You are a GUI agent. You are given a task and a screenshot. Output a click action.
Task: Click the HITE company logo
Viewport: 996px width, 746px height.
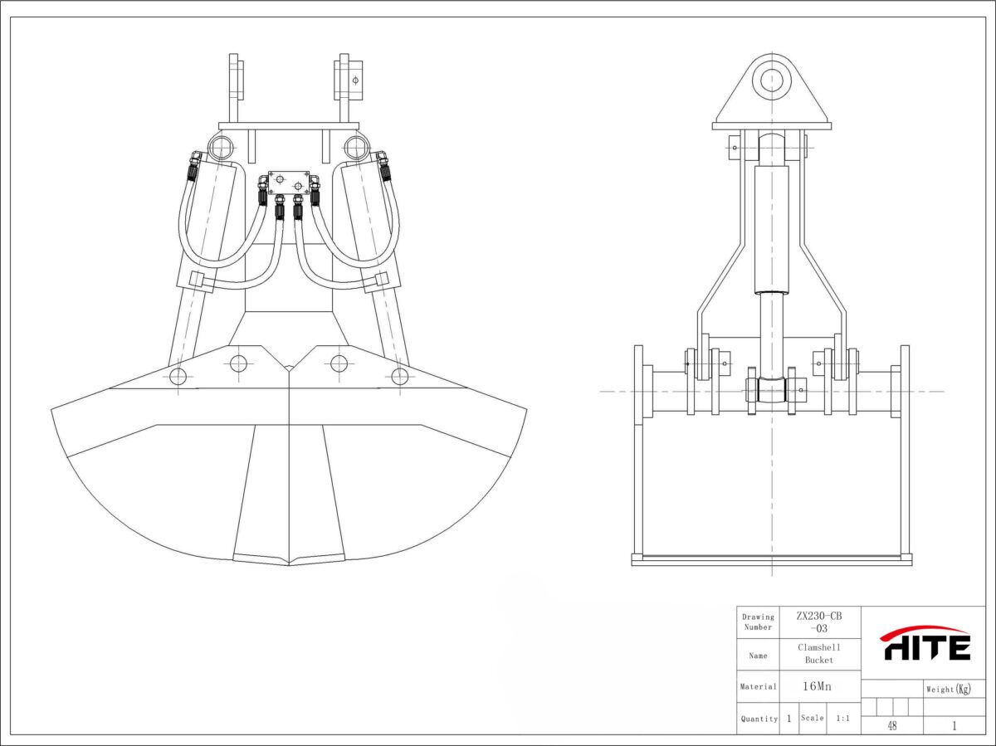[925, 643]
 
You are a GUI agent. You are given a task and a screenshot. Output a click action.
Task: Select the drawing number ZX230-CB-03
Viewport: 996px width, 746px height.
[819, 622]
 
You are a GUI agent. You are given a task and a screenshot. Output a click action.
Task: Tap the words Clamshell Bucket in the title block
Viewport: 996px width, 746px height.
[819, 654]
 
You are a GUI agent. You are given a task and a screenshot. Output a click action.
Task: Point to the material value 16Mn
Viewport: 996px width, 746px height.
[817, 686]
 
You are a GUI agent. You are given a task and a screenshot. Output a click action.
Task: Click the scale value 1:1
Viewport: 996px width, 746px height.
[842, 719]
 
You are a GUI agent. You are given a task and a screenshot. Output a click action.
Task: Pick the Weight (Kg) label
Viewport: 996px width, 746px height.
[949, 689]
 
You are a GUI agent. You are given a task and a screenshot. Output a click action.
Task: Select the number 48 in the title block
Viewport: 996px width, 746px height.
[891, 726]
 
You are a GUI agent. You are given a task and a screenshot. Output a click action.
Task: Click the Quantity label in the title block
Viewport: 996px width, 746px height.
[759, 719]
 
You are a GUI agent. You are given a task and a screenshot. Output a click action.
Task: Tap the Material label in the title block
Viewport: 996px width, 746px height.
[759, 686]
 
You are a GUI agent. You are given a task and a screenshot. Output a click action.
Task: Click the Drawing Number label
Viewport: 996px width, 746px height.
[758, 622]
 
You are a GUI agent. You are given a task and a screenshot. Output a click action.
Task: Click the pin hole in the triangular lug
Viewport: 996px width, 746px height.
[772, 81]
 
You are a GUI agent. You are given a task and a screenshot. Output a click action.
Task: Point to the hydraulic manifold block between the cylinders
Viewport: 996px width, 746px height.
[289, 183]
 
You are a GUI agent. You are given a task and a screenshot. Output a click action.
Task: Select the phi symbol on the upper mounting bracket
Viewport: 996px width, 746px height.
[355, 80]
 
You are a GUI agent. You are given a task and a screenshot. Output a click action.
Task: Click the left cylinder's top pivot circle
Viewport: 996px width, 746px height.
[221, 148]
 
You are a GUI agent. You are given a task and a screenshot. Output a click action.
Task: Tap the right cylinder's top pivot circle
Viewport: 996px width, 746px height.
[356, 148]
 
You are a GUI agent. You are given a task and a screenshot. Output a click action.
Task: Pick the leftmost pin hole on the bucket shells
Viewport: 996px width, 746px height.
[178, 376]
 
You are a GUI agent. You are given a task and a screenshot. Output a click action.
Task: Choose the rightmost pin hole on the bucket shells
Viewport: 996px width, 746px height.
[400, 376]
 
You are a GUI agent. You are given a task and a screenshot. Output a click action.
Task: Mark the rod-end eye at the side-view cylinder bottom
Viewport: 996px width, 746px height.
[772, 390]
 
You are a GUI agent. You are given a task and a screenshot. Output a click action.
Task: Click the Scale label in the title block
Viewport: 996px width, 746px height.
[813, 718]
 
